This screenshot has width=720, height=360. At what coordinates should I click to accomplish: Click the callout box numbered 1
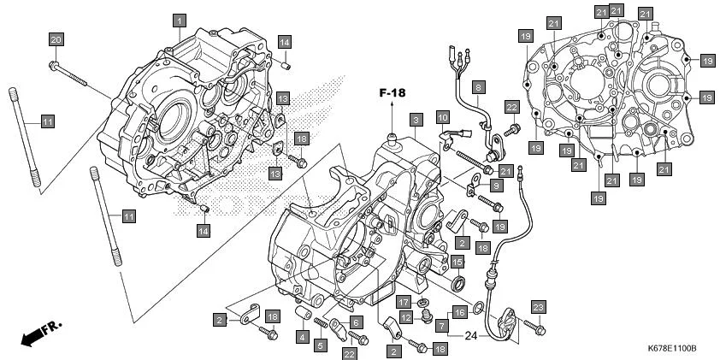(x=179, y=19)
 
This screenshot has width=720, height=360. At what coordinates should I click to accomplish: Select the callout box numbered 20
(x=56, y=40)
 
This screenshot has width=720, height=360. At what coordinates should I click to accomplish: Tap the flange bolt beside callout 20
(x=68, y=73)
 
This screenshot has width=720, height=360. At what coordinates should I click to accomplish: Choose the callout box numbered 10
(x=442, y=115)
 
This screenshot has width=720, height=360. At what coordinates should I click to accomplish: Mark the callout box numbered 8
(x=479, y=86)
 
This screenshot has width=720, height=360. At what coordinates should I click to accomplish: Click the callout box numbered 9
(x=497, y=186)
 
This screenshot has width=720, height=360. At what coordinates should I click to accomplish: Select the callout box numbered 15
(x=457, y=262)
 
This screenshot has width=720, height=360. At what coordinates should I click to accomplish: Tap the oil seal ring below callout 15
(x=459, y=283)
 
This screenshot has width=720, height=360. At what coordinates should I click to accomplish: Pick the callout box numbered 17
(x=403, y=302)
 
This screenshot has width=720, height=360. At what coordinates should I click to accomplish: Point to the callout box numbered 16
(x=458, y=312)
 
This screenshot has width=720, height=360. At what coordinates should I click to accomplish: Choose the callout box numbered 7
(x=440, y=326)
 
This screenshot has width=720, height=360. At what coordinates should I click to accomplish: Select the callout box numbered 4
(x=303, y=337)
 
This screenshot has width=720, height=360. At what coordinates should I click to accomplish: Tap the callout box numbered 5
(x=321, y=345)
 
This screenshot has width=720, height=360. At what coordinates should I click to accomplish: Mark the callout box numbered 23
(x=537, y=307)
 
